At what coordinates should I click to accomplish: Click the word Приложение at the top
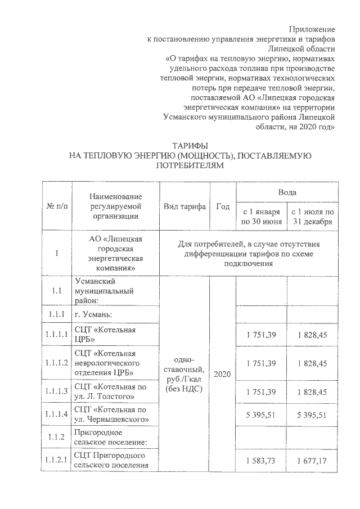[312, 28]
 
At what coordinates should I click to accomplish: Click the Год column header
[223, 206]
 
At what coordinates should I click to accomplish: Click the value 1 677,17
[313, 461]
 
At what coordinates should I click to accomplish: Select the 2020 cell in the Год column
[223, 373]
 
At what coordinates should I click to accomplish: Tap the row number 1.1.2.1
[57, 461]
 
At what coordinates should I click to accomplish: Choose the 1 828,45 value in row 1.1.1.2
[313, 363]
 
